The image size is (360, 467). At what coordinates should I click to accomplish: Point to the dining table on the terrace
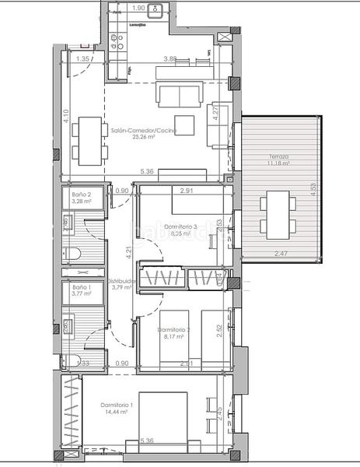click(277, 215)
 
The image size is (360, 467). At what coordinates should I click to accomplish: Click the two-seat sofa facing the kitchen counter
click(180, 94)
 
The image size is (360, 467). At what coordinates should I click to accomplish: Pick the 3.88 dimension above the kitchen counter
click(170, 58)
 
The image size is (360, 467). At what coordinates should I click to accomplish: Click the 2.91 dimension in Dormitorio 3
click(186, 189)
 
